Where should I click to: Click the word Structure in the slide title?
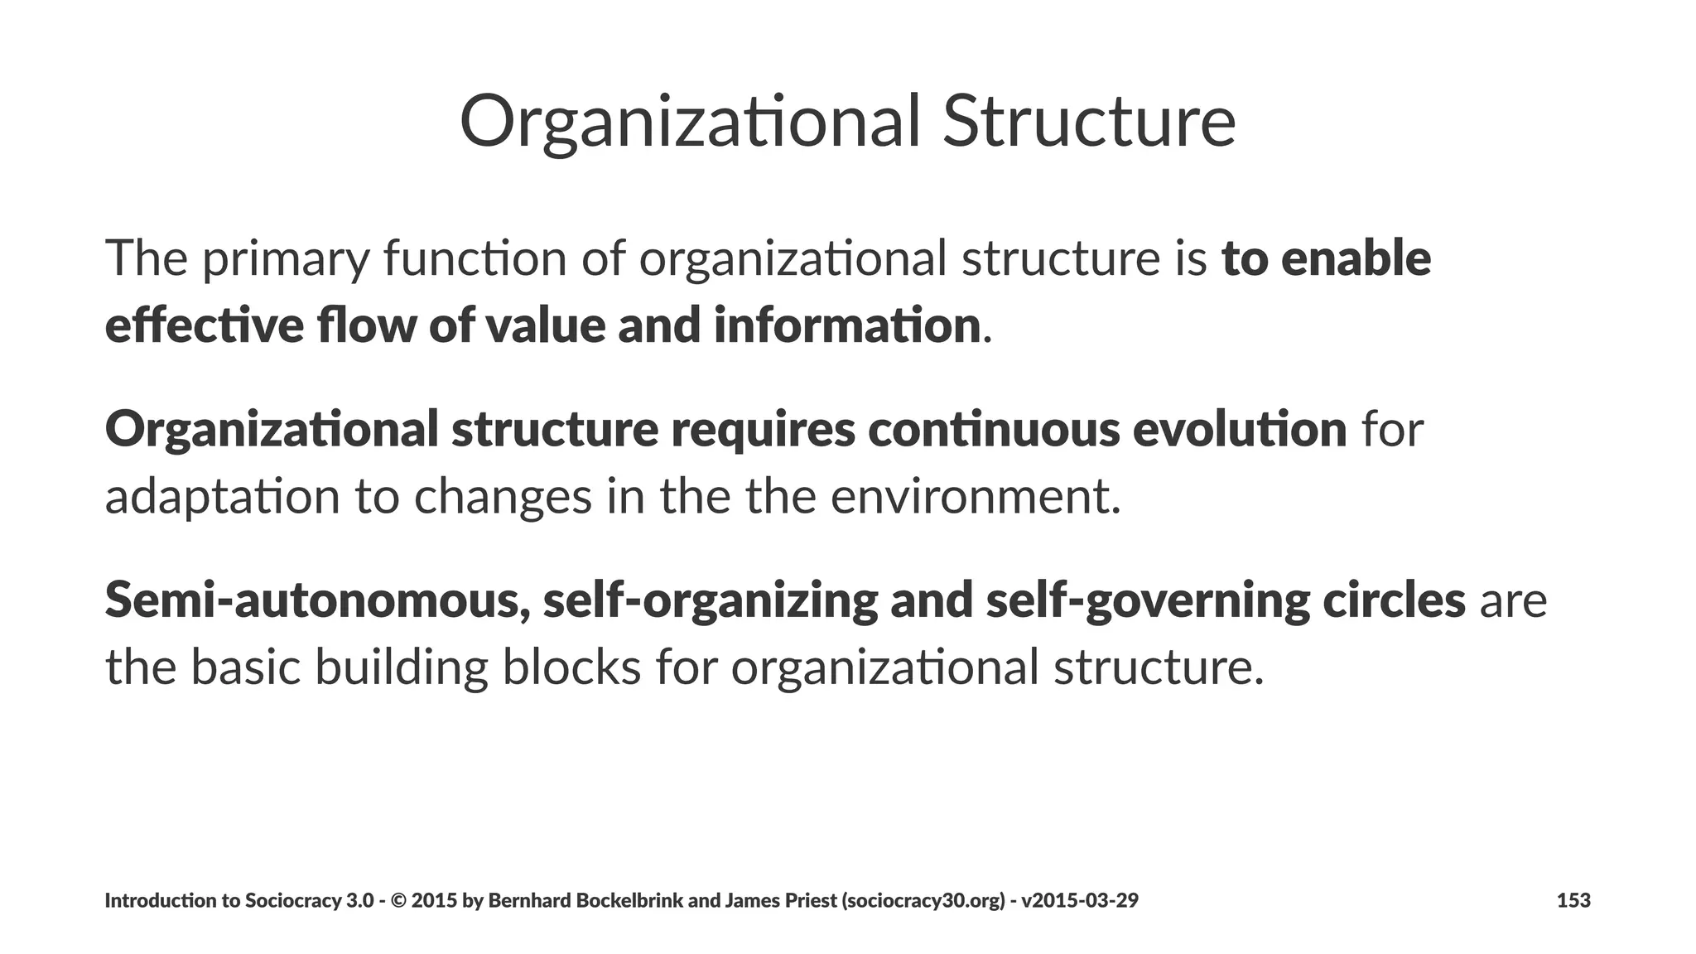[x=1088, y=122]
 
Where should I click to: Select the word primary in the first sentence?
[x=285, y=258]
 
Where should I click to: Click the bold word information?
[x=847, y=325]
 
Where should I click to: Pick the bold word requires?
[x=763, y=429]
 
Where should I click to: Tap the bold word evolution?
[x=1239, y=429]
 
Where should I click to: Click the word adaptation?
[x=223, y=497]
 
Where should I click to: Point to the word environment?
[x=975, y=497]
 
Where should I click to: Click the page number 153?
[x=1573, y=900]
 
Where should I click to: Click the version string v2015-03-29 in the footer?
[x=1080, y=900]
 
